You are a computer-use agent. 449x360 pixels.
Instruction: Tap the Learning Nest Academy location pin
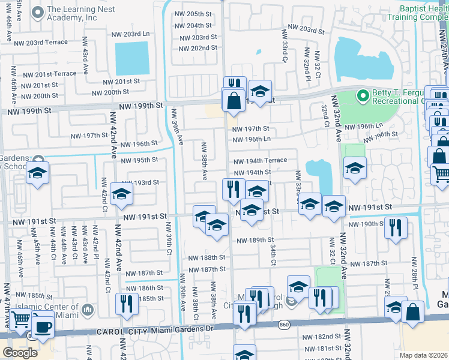pos(38,12)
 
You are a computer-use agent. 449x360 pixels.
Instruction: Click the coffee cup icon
pos(43,326)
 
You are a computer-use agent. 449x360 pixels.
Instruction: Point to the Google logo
pos(20,353)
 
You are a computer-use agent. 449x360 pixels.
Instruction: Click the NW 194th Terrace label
pos(260,161)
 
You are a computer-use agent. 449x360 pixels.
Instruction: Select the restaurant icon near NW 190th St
pos(395,227)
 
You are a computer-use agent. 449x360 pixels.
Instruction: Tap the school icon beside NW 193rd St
pos(121,194)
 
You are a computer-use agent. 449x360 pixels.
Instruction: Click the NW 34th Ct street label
pos(273,254)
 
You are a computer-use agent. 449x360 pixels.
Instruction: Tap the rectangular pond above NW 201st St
pos(131,58)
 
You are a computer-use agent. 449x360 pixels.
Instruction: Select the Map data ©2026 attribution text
pos(423,355)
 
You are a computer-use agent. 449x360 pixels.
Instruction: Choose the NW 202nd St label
pos(198,48)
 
